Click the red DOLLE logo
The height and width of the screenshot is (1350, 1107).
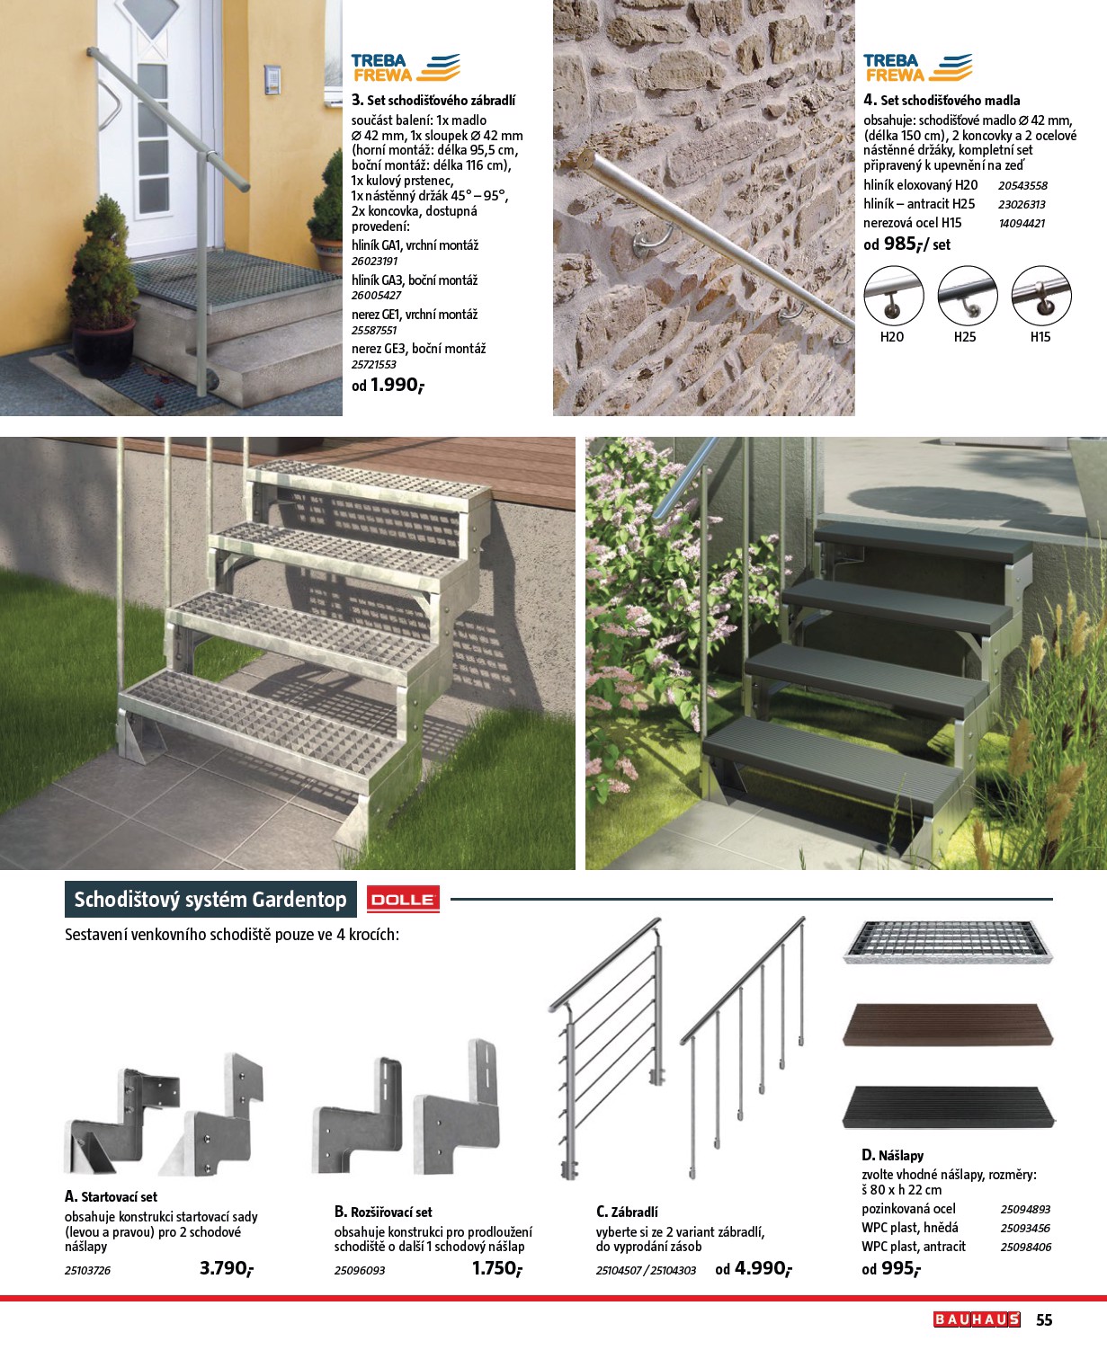coord(403,899)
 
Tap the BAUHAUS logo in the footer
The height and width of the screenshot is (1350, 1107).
coord(977,1319)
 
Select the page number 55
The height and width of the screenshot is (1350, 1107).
coord(1044,1320)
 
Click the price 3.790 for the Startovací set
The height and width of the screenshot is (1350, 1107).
coord(226,1268)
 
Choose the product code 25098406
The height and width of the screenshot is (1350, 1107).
coord(1025,1247)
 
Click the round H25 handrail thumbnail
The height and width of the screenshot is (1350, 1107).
coord(967,297)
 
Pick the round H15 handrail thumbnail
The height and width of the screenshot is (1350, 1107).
coord(1041,297)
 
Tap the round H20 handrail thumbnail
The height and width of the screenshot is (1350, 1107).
coord(893,297)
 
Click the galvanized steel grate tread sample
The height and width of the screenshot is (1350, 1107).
coord(947,942)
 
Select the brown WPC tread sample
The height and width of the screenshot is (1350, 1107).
coord(947,1024)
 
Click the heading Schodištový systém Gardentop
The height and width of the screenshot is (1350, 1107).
coord(210,900)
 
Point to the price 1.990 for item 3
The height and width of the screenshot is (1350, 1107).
coord(396,385)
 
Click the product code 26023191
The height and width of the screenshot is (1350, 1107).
coord(375,262)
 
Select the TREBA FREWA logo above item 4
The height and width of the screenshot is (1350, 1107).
coord(917,67)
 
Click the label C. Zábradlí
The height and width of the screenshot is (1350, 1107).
coord(627,1212)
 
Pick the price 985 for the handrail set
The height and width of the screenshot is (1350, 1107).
coord(904,244)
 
